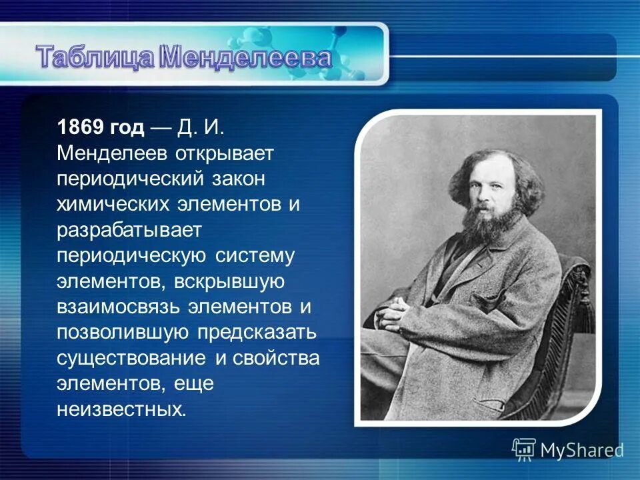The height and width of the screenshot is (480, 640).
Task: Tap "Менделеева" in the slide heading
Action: [x=246, y=57]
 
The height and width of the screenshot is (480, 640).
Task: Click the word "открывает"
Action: [x=225, y=154]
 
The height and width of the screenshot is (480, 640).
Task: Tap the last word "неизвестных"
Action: [x=119, y=408]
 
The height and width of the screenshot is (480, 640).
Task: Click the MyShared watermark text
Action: [x=581, y=450]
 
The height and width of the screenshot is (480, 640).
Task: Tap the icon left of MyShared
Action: [x=524, y=449]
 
